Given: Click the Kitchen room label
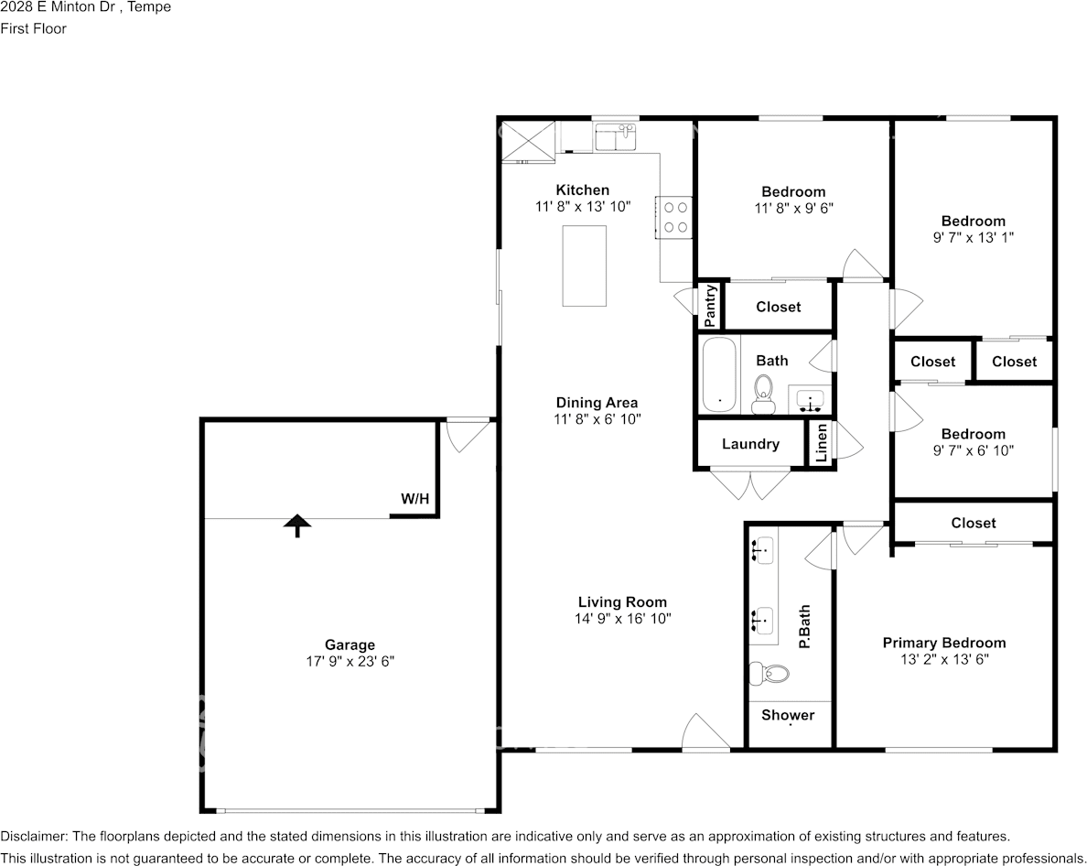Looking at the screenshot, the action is (582, 190).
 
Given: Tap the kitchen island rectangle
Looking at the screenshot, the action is (584, 265).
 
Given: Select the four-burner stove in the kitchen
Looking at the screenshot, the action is (673, 217).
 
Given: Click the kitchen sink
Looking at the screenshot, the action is (616, 136).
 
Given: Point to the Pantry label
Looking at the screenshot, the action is (710, 306).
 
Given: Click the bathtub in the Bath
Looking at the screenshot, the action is (719, 374).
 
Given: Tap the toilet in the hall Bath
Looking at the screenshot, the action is (763, 395).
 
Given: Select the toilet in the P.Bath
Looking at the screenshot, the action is (770, 673).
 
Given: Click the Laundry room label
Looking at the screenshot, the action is (750, 444).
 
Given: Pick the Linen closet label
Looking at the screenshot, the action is (822, 443).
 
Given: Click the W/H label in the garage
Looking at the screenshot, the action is (414, 499).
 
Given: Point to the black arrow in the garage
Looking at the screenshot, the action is (297, 525).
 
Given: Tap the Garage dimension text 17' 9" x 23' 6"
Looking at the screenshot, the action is (350, 662).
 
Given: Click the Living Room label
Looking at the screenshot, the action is (622, 601).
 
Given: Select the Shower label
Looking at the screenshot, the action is (788, 715).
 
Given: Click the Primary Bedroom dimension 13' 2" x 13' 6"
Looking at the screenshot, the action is (944, 659).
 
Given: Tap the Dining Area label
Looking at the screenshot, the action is (597, 402).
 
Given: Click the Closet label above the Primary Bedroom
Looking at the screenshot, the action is (974, 523).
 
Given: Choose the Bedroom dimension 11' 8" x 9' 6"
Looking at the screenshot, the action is (794, 208).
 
